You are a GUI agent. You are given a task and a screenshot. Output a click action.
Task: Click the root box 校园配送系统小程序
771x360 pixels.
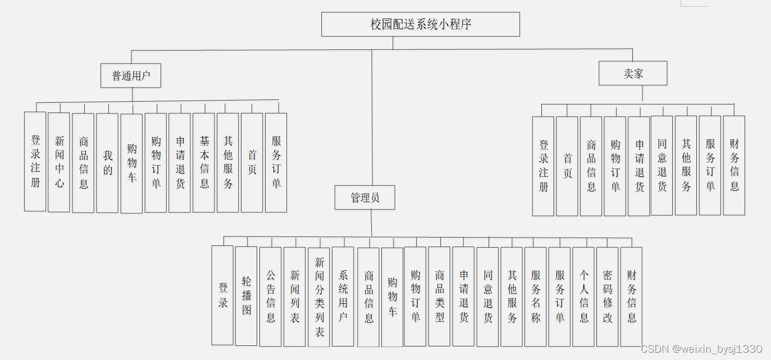420,24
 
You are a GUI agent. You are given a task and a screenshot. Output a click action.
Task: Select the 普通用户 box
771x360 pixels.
131,75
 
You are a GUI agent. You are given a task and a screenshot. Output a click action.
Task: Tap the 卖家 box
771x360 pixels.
633,73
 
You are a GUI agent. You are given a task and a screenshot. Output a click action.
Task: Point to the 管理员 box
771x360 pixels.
365,198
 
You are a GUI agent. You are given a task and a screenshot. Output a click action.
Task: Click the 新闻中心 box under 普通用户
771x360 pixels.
59,162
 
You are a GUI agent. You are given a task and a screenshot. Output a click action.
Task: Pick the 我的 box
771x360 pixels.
107,163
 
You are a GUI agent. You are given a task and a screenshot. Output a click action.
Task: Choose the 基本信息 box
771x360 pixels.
204,162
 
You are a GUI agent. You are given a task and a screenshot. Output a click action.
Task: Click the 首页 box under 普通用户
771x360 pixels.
252,162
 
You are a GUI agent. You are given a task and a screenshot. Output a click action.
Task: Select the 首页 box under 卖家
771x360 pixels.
567,166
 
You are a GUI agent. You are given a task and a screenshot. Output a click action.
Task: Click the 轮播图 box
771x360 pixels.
246,295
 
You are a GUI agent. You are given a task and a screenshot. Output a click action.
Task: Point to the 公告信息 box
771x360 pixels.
271,296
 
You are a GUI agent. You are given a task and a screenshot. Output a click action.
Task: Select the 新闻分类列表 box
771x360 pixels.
319,297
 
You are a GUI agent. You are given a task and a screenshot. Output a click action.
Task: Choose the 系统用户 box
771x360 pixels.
343,296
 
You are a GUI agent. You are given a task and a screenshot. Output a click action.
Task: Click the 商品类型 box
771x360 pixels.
439,296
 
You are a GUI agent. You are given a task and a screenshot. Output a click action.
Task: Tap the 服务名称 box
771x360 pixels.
535,296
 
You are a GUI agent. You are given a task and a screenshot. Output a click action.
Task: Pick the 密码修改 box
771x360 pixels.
607,296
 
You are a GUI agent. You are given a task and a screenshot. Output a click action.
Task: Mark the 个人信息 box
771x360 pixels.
583,296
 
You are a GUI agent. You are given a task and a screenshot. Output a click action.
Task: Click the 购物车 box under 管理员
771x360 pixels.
392,297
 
